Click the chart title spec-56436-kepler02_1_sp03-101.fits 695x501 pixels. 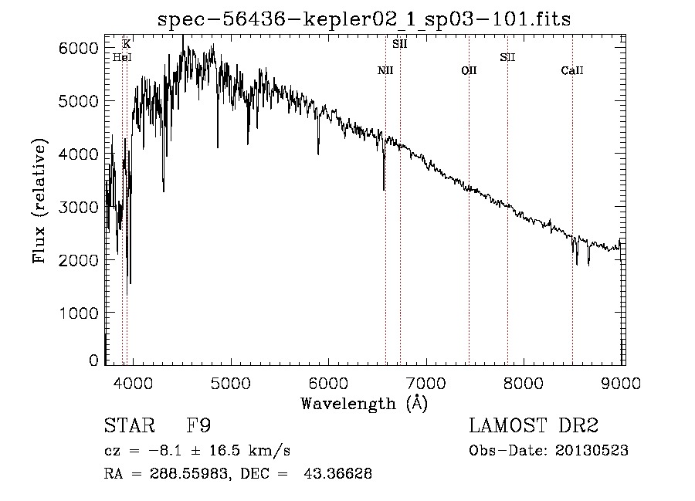[364, 19]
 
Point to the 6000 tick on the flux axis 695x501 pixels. [78, 49]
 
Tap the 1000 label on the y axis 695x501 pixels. [78, 313]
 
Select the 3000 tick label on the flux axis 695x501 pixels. [78, 207]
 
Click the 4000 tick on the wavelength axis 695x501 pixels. [133, 383]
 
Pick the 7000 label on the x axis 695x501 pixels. [426, 383]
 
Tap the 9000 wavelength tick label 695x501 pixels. [621, 383]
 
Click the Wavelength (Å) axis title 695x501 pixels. [364, 404]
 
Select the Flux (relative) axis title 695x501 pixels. [39, 201]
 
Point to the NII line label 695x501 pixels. [385, 70]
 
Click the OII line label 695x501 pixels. [469, 70]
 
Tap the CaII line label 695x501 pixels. [572, 70]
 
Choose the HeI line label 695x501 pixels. [122, 57]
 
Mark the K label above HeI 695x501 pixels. [127, 44]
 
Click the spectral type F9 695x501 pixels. [198, 425]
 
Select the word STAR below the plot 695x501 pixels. [130, 425]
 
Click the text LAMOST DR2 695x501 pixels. [534, 425]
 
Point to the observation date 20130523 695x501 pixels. [592, 451]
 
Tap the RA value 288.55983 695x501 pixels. [189, 473]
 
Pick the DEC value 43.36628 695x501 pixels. [337, 473]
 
